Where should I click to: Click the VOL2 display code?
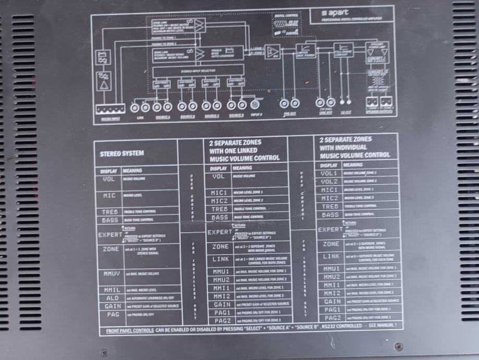[330, 181]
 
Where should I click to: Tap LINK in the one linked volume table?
[221, 259]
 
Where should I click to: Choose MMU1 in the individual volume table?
[330, 268]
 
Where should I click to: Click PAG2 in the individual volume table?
[331, 317]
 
